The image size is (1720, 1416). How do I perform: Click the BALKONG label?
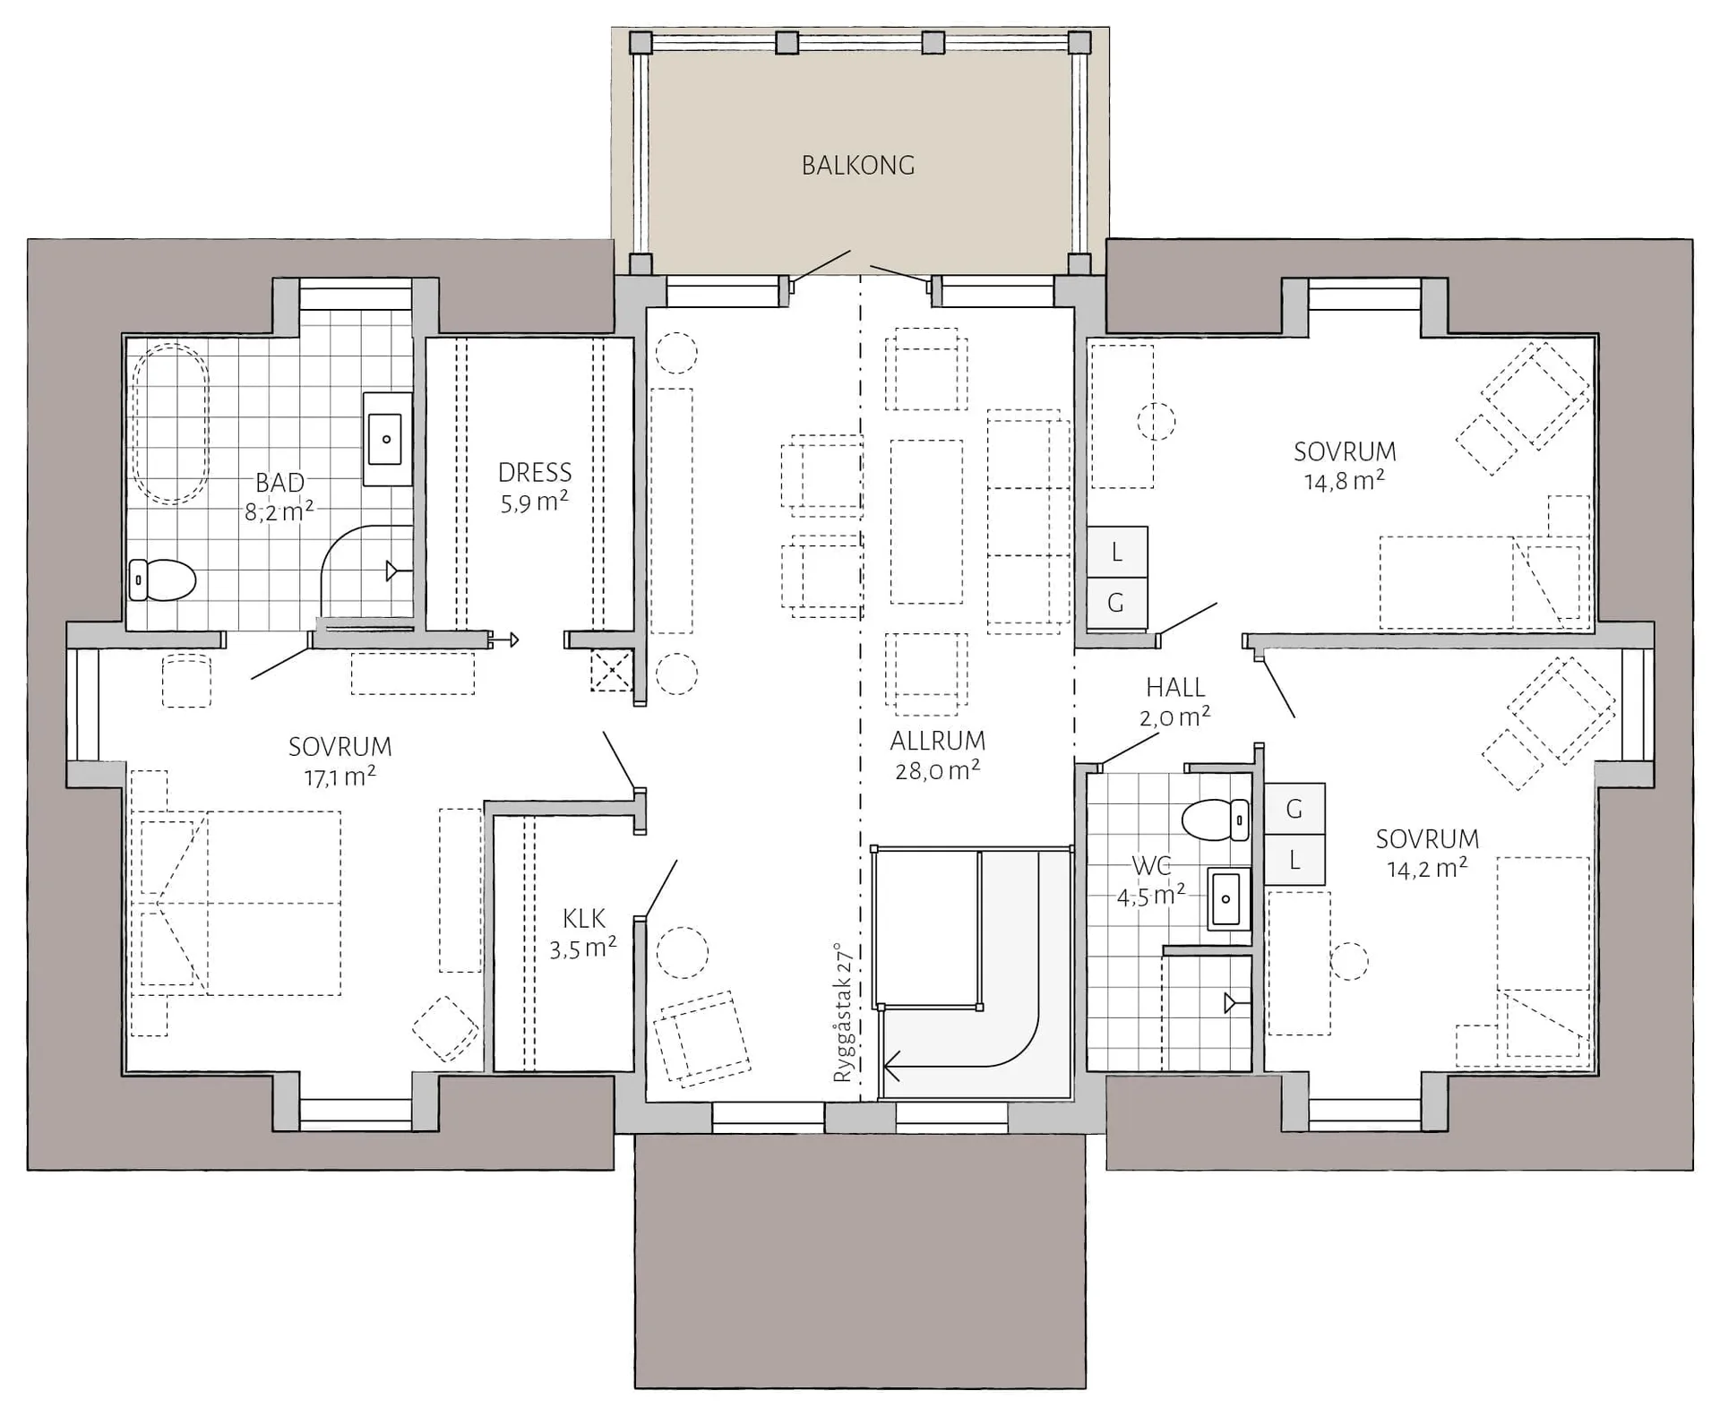(858, 166)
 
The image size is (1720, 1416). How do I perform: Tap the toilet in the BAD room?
(162, 579)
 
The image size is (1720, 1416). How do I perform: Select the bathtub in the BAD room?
(170, 424)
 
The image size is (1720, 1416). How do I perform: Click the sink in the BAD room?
(387, 439)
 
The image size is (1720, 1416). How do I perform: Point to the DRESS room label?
(535, 472)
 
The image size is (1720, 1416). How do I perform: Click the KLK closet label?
(584, 918)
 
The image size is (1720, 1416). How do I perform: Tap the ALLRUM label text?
(938, 741)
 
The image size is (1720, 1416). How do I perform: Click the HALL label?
(1175, 687)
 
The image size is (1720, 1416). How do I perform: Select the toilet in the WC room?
(1215, 820)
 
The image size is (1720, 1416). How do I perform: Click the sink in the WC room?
(1227, 899)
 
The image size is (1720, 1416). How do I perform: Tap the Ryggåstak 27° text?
(843, 1012)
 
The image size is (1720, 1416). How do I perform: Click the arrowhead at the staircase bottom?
(891, 1067)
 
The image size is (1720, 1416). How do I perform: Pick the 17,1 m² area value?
(340, 777)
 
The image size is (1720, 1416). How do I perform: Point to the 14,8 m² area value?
(1345, 481)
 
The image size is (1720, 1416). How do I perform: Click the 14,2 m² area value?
(1427, 868)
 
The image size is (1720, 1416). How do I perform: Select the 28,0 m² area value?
(938, 770)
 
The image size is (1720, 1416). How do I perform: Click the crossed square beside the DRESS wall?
(611, 671)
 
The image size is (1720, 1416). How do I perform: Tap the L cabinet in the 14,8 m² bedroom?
(1116, 552)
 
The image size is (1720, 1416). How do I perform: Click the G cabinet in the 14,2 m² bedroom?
(1294, 809)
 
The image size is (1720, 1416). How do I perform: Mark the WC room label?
(1151, 866)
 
